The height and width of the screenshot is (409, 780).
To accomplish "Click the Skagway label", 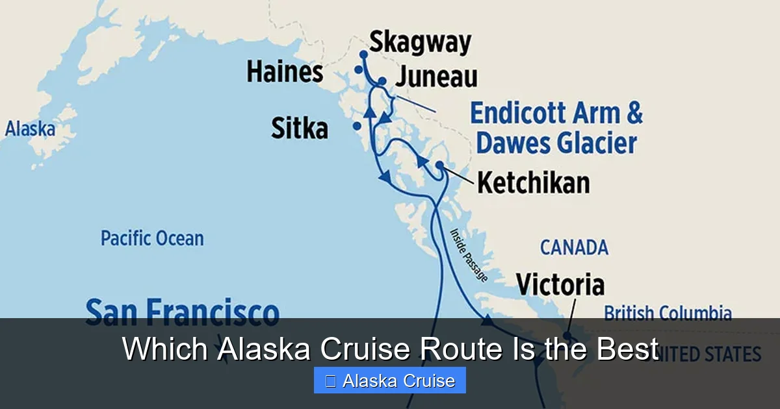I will [x=420, y=43].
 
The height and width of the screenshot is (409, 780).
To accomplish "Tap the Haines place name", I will [x=284, y=72].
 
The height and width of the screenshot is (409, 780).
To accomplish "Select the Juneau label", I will [x=436, y=77].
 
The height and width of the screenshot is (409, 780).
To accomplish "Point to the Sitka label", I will [x=299, y=128].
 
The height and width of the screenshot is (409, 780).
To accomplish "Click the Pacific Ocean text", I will [x=151, y=238].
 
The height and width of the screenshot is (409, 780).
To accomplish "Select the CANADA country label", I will [x=574, y=247].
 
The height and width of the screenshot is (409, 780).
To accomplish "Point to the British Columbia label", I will [x=667, y=314].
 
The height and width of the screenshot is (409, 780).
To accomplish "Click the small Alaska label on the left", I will [x=30, y=129].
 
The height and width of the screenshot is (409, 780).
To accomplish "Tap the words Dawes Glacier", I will [x=556, y=143].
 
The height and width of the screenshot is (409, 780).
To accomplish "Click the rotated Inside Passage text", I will [x=468, y=254].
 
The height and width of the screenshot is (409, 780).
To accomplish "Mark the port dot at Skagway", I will [x=363, y=55].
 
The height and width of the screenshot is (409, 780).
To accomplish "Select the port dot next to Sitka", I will [x=356, y=126].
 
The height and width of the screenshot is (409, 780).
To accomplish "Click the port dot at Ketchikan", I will [x=439, y=166].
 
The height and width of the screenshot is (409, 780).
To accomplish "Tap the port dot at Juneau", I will [x=382, y=81].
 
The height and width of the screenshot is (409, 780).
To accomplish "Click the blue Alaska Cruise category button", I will [x=389, y=380].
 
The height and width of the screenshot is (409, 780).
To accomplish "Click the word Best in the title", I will [x=626, y=350].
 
